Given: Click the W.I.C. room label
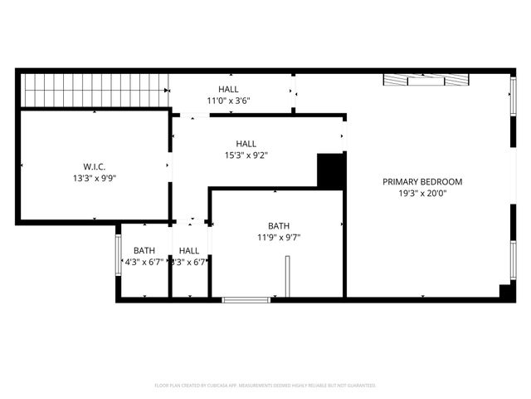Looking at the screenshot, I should [x=94, y=166].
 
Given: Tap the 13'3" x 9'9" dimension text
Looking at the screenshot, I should [x=94, y=178].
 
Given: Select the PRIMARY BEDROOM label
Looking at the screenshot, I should [x=422, y=181].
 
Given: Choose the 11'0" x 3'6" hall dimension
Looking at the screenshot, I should [x=228, y=101].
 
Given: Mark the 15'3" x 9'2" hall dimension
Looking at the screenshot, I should [x=245, y=155].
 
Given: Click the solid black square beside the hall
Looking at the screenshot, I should [x=331, y=170].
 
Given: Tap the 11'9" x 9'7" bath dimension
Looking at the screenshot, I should [x=279, y=237].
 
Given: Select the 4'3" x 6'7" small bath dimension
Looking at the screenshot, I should [x=144, y=262].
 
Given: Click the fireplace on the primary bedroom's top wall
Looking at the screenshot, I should [x=426, y=80].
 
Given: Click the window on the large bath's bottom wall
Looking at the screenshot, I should [x=246, y=299].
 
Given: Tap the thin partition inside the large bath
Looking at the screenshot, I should [x=286, y=276].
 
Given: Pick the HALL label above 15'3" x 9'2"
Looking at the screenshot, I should [x=246, y=143].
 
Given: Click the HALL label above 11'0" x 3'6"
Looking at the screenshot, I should [x=228, y=89].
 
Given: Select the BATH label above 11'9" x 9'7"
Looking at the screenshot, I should [x=279, y=225].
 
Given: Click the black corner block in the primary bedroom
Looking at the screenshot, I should [x=505, y=292].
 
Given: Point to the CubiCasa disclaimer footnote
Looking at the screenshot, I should [x=265, y=386].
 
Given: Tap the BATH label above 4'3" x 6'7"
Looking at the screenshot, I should [x=144, y=250].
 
